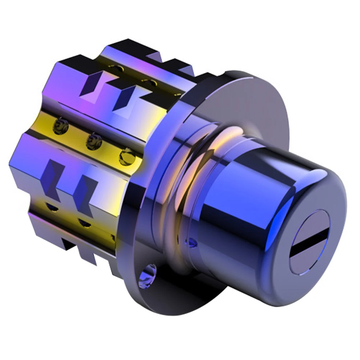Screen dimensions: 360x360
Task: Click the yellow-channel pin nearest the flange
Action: click(126, 156)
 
